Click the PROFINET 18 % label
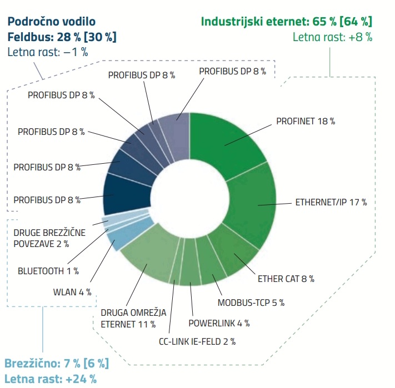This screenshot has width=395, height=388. (305, 121)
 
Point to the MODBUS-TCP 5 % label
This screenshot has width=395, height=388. (251, 303)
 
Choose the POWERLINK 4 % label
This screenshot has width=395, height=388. (219, 323)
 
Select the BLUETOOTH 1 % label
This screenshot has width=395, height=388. (48, 271)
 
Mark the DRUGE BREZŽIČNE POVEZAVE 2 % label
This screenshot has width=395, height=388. (49, 238)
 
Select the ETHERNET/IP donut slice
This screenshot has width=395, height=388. (256, 205)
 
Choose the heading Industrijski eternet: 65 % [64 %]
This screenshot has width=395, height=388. (286, 22)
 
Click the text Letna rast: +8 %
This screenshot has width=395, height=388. (332, 37)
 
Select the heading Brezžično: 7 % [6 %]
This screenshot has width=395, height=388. (57, 364)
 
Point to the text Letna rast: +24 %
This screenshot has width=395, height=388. (51, 379)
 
